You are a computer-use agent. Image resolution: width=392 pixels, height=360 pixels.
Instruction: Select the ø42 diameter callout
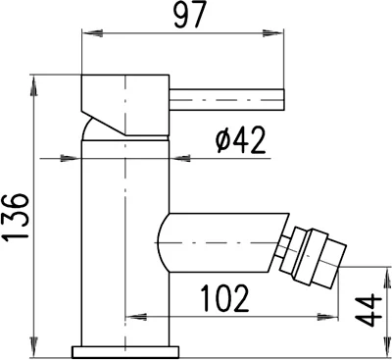pos(239,142)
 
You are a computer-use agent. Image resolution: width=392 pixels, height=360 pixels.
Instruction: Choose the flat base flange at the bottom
pos(125,349)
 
